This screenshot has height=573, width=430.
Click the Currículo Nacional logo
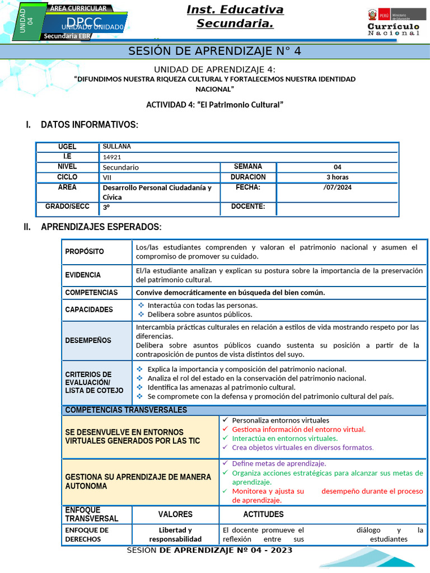click(x=393, y=22)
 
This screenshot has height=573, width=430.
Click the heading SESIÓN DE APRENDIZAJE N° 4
click(x=215, y=51)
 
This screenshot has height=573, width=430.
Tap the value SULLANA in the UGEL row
click(x=117, y=147)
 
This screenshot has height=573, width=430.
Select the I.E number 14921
click(x=112, y=157)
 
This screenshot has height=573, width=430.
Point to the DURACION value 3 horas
click(x=337, y=177)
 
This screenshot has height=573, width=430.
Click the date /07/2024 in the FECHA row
click(x=337, y=187)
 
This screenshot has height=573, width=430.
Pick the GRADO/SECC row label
click(x=67, y=207)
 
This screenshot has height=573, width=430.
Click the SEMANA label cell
click(x=247, y=167)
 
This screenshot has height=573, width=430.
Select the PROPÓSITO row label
click(x=85, y=252)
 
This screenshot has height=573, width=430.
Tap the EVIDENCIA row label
click(x=83, y=275)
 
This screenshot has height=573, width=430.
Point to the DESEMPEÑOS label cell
click(x=88, y=340)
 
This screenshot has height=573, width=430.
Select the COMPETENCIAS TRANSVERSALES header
click(x=126, y=410)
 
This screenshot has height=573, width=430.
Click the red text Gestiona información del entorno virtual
click(x=298, y=429)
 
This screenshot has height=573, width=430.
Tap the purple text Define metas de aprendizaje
click(x=279, y=463)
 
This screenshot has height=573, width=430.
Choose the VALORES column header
click(x=175, y=514)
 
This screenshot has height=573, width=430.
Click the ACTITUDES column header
click(x=263, y=514)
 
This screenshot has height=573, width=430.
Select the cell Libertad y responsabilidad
click(x=175, y=534)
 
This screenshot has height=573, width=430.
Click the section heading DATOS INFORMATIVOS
click(x=89, y=124)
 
